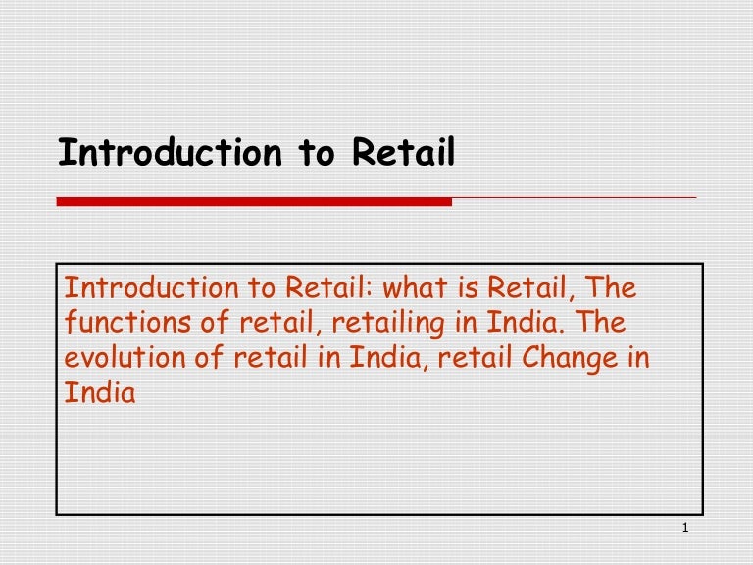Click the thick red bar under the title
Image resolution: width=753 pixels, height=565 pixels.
[254, 201]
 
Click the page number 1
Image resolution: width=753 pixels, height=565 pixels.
[684, 531]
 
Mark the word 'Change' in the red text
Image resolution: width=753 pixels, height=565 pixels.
[569, 357]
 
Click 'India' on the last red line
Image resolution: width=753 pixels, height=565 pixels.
[99, 392]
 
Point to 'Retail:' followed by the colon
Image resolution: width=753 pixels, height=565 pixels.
[330, 288]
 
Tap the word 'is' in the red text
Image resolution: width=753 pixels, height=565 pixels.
[466, 288]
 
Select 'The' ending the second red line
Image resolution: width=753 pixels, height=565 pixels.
[598, 323]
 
